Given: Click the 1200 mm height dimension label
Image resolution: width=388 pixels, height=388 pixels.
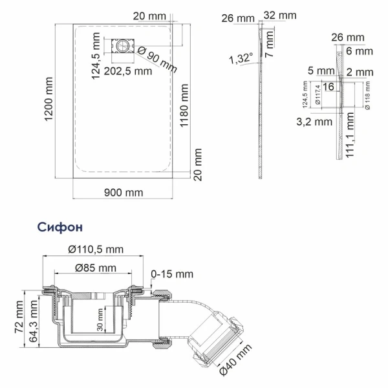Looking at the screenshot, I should coord(48,100).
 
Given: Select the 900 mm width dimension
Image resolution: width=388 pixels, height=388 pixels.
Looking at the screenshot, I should coord(123,193).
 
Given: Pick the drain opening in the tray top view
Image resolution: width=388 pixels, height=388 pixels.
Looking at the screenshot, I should coord(122,47).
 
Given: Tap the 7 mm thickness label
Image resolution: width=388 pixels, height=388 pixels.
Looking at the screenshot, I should coord(271,47).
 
